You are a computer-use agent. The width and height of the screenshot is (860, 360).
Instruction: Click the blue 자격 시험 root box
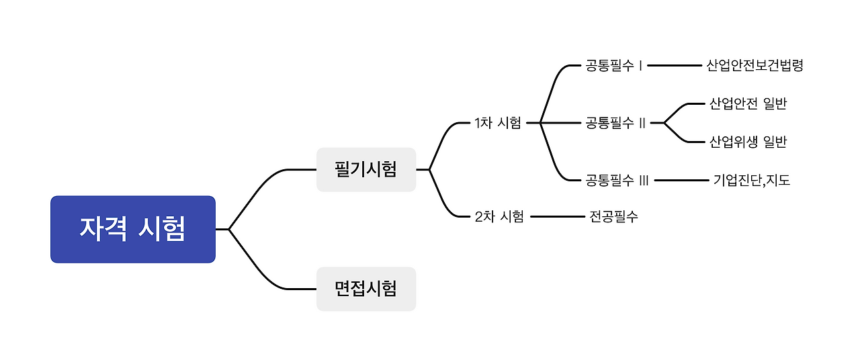click(x=133, y=229)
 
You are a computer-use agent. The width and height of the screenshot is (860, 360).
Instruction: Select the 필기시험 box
click(x=366, y=169)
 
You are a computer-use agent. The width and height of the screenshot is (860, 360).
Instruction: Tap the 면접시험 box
click(x=366, y=289)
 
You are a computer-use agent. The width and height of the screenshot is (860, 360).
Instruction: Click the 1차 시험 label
click(x=497, y=123)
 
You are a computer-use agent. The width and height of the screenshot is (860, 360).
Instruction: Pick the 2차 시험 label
click(x=499, y=216)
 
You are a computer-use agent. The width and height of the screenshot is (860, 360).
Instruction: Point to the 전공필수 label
click(x=613, y=216)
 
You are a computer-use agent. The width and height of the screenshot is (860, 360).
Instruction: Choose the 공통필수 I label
click(x=614, y=66)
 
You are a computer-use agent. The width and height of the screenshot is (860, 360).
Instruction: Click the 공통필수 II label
click(x=615, y=123)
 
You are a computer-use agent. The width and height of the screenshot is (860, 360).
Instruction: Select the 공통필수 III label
click(x=617, y=180)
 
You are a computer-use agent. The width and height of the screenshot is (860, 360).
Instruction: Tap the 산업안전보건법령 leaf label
click(x=755, y=66)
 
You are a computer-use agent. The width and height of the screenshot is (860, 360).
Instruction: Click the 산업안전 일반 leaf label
click(x=748, y=103)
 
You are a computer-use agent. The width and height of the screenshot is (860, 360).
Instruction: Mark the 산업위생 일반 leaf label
click(x=748, y=142)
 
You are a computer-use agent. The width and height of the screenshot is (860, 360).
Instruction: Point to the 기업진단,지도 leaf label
click(x=751, y=180)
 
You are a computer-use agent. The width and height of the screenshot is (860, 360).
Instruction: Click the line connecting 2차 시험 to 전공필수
click(x=558, y=216)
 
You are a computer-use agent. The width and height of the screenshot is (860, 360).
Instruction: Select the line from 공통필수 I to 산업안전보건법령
click(x=674, y=66)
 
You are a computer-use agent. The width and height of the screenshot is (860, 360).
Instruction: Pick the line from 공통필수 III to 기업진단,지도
click(x=681, y=180)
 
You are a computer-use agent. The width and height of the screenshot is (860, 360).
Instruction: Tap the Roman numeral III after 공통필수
click(x=643, y=180)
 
